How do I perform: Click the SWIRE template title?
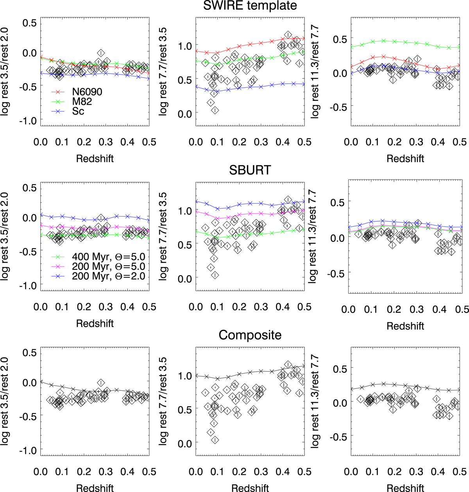pos(250,6)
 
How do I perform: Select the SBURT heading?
pos(250,170)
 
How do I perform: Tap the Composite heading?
pos(250,335)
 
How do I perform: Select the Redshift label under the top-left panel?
pos(95,159)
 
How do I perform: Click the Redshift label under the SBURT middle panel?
pos(250,324)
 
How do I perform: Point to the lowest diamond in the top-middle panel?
pos(215,111)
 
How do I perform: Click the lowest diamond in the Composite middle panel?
pos(215,440)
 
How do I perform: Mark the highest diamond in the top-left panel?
pos(101,53)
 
